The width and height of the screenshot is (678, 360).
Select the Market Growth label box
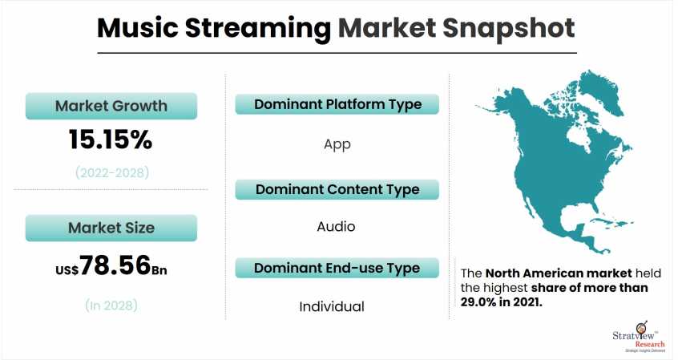[111, 106]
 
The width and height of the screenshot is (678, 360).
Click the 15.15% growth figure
[111, 140]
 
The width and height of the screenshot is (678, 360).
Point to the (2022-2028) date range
[111, 172]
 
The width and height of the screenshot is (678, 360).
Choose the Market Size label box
[111, 228]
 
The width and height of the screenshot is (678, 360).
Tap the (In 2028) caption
[111, 305]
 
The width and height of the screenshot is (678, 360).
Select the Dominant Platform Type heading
[337, 105]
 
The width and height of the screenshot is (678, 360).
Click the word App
[337, 144]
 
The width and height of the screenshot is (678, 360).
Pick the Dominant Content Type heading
[337, 189]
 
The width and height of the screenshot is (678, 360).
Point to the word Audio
[336, 227]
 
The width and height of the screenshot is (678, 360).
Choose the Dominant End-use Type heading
[337, 267]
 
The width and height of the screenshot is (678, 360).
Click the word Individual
[332, 306]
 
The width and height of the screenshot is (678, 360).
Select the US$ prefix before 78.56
[66, 269]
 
